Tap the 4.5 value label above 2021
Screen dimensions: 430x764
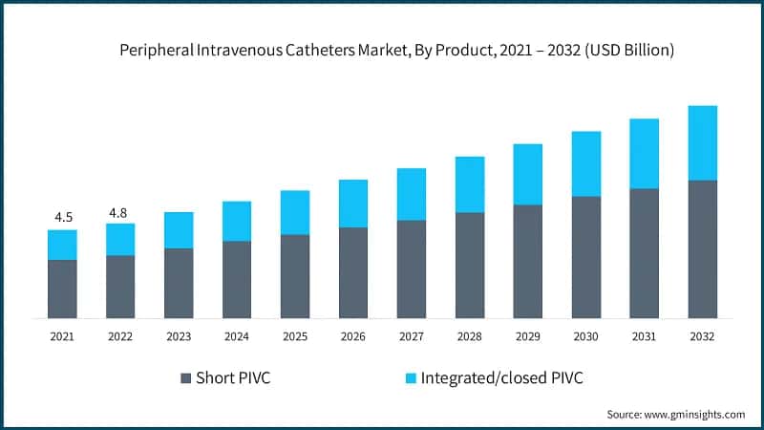click(x=63, y=217)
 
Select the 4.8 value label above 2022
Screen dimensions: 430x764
click(x=118, y=212)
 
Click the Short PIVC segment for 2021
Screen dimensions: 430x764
click(x=63, y=289)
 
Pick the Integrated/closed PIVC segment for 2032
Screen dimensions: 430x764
click(x=703, y=143)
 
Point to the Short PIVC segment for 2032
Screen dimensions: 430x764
click(x=703, y=248)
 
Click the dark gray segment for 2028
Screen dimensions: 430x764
click(x=470, y=265)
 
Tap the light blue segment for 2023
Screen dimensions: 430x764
click(x=179, y=230)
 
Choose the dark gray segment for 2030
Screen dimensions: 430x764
click(x=586, y=257)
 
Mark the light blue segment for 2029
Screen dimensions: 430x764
click(x=528, y=174)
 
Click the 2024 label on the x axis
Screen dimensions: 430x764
click(x=237, y=336)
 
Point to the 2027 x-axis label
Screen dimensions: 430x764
click(x=412, y=336)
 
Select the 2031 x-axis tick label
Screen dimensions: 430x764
click(x=645, y=336)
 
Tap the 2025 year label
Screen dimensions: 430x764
click(x=295, y=336)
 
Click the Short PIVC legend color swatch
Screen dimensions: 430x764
click(x=185, y=378)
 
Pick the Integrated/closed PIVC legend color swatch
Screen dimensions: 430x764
click(x=411, y=378)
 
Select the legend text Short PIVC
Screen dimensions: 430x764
click(x=233, y=378)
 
